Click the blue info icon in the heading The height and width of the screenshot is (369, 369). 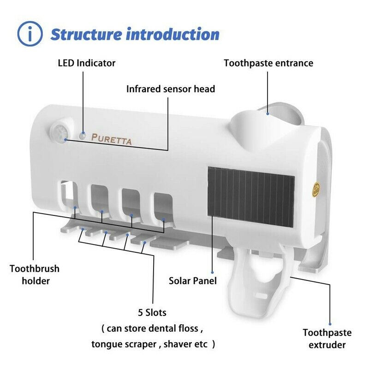pyautogui.click(x=30, y=34)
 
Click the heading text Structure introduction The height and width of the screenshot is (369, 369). pyautogui.click(x=135, y=34)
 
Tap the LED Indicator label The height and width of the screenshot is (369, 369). pyautogui.click(x=86, y=63)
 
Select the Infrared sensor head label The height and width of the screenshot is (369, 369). pyautogui.click(x=171, y=89)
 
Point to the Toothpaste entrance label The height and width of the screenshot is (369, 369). pyautogui.click(x=268, y=63)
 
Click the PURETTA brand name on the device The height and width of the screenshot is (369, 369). pyautogui.click(x=111, y=138)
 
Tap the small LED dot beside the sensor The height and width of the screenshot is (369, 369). pyautogui.click(x=82, y=135)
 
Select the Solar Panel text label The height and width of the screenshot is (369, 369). pyautogui.click(x=192, y=280)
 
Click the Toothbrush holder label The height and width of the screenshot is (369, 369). pyautogui.click(x=35, y=274)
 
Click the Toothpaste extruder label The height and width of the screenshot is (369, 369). pyautogui.click(x=327, y=338)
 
